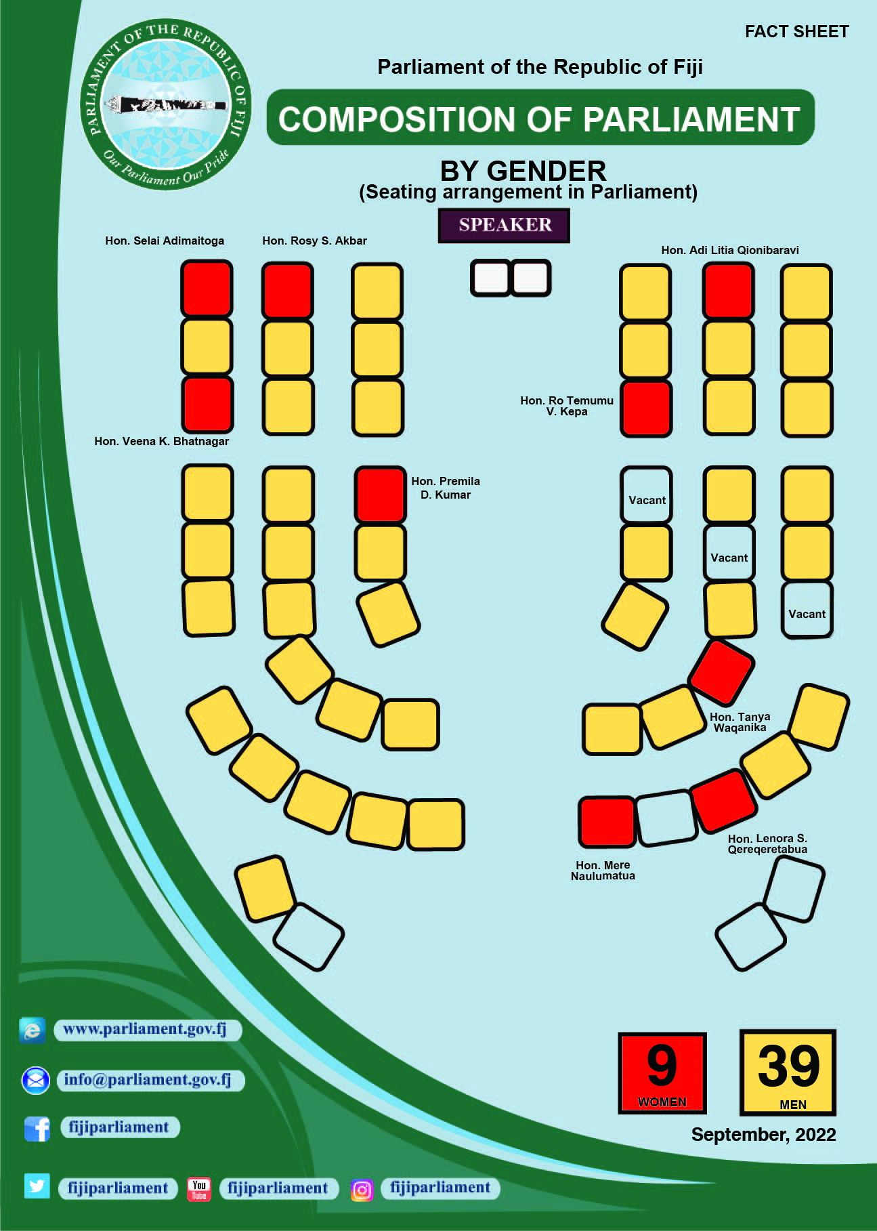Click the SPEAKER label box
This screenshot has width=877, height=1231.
click(x=504, y=225)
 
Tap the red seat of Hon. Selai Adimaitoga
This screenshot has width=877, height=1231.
click(x=207, y=289)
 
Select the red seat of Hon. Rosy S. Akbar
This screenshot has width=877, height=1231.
click(x=288, y=291)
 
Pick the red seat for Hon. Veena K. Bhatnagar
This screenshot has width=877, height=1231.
click(x=207, y=404)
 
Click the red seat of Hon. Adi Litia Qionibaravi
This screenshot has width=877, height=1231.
click(x=729, y=291)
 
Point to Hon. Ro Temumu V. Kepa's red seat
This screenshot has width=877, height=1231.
click(x=646, y=409)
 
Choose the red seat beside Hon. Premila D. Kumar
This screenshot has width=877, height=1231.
click(x=380, y=495)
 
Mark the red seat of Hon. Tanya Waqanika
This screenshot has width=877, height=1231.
click(x=721, y=672)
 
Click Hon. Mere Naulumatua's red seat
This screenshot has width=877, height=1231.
click(x=607, y=822)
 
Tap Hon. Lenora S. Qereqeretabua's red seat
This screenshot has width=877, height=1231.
click(x=723, y=800)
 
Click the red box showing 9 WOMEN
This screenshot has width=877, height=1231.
click(x=662, y=1073)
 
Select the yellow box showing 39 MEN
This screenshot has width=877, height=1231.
click(x=788, y=1072)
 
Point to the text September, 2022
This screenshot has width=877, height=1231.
click(x=763, y=1135)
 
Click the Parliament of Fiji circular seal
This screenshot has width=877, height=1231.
click(x=166, y=104)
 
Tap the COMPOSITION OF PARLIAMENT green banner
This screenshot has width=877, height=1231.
click(x=540, y=118)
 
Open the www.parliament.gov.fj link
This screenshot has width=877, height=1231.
click(x=144, y=1029)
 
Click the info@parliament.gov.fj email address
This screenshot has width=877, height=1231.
click(x=148, y=1079)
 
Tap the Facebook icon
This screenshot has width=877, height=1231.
click(x=37, y=1129)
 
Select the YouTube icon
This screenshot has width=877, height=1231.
click(x=199, y=1189)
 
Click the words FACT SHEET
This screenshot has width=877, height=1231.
click(x=796, y=32)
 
